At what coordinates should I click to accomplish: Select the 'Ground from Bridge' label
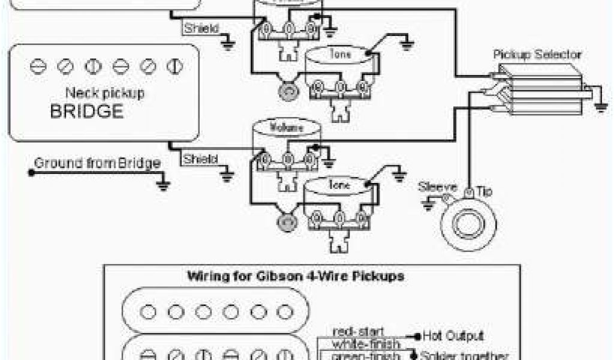(x=97, y=163)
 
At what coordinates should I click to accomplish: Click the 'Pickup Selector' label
(x=537, y=55)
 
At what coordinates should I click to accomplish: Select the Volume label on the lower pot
(x=276, y=127)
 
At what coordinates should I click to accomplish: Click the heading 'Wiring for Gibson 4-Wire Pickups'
(x=296, y=277)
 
